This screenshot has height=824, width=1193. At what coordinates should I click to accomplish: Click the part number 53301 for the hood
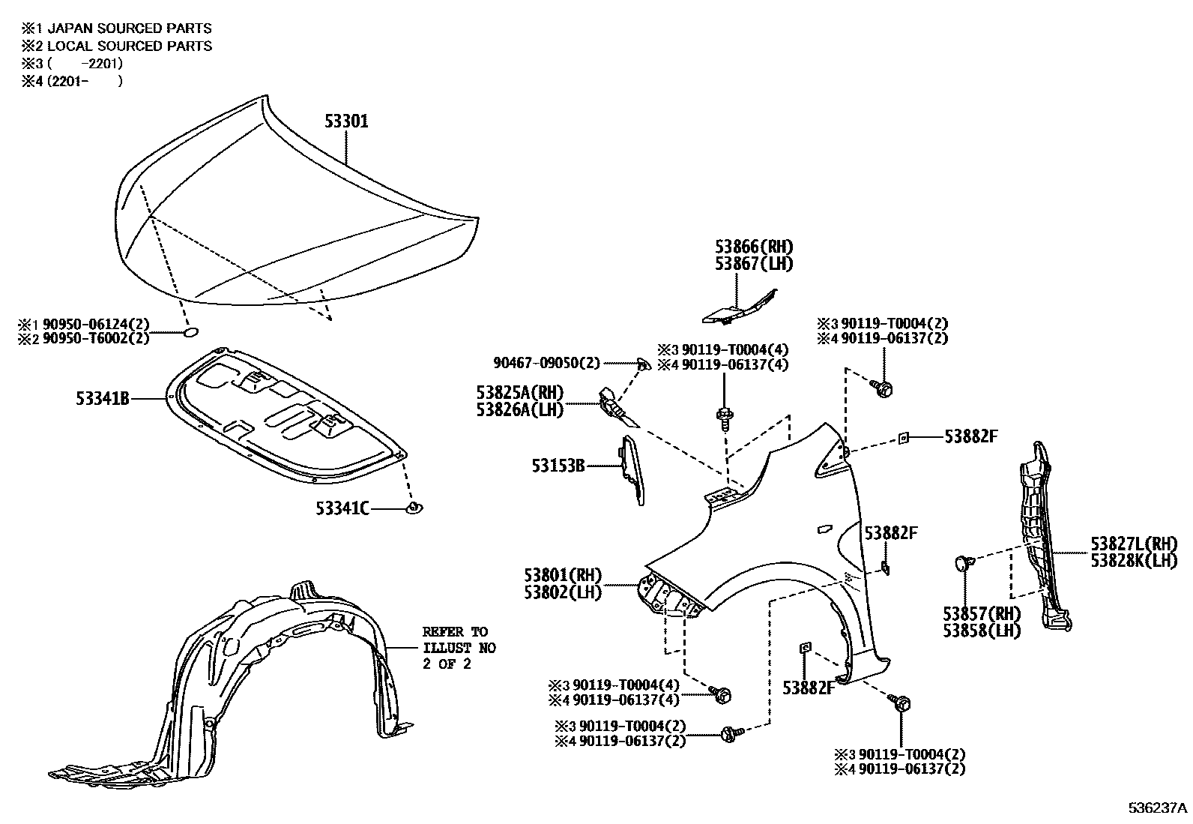click(x=346, y=121)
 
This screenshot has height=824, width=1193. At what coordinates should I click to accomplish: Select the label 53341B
click(x=103, y=399)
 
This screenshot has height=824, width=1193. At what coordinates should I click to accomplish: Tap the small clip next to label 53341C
click(x=413, y=508)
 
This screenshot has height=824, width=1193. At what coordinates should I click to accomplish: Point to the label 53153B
click(x=558, y=466)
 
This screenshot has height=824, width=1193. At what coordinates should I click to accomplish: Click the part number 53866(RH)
click(x=753, y=247)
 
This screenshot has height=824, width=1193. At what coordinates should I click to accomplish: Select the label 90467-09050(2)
click(x=547, y=363)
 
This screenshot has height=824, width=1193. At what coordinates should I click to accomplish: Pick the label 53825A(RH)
click(x=519, y=392)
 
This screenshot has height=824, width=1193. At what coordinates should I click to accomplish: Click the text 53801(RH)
click(x=564, y=576)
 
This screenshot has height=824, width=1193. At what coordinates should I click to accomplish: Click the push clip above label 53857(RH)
click(x=964, y=562)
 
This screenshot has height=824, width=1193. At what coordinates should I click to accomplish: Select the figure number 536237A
click(x=1158, y=808)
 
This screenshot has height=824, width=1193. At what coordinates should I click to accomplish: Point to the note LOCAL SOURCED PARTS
click(x=124, y=46)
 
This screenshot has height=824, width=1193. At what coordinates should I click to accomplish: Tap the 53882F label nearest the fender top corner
click(x=970, y=436)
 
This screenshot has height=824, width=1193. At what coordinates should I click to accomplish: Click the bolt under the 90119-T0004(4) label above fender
click(x=725, y=416)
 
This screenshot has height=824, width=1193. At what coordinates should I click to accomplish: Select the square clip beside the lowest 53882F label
click(x=806, y=647)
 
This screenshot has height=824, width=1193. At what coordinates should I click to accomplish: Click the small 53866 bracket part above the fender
click(x=738, y=307)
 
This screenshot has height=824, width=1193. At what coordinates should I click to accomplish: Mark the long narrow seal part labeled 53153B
click(x=629, y=469)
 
